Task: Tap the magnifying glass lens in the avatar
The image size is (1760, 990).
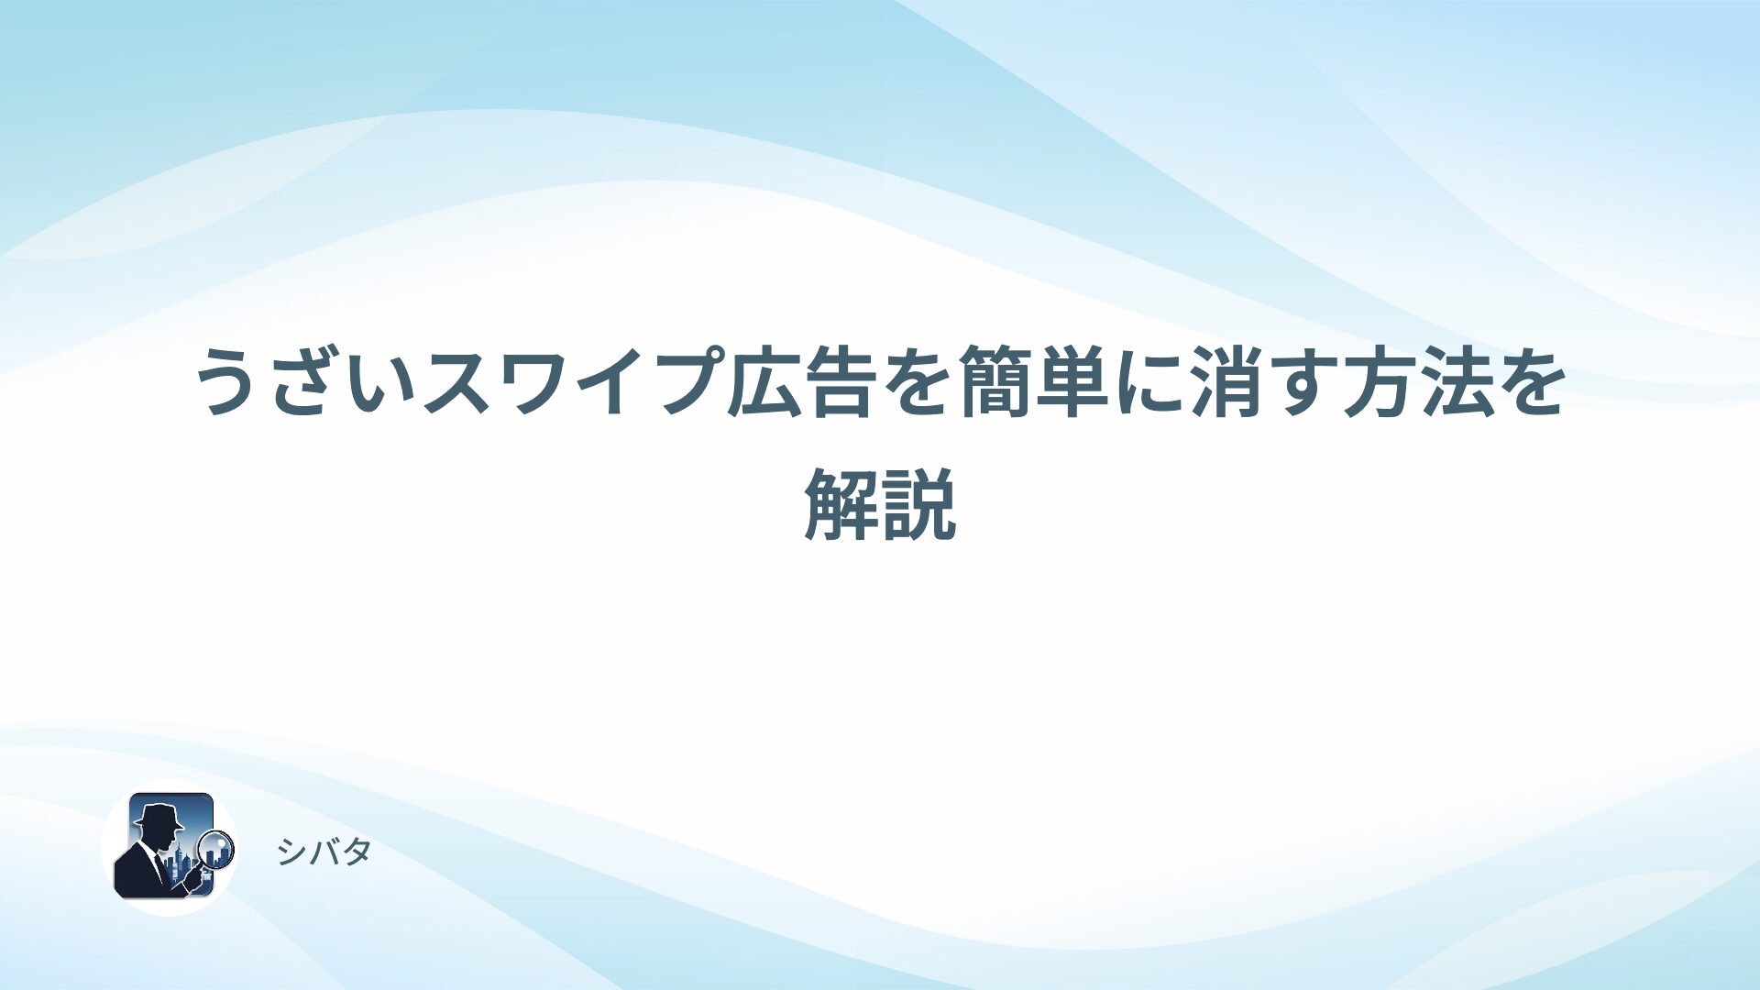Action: point(216,849)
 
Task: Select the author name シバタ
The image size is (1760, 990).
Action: point(324,852)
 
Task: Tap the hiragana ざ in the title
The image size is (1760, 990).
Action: point(304,382)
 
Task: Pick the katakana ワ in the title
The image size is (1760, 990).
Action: point(533,382)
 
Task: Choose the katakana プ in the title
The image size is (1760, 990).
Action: point(685,382)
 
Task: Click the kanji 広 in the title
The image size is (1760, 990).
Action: point(763,382)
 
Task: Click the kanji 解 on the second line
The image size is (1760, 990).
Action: point(841,503)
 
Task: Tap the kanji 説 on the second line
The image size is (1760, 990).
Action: point(918,503)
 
